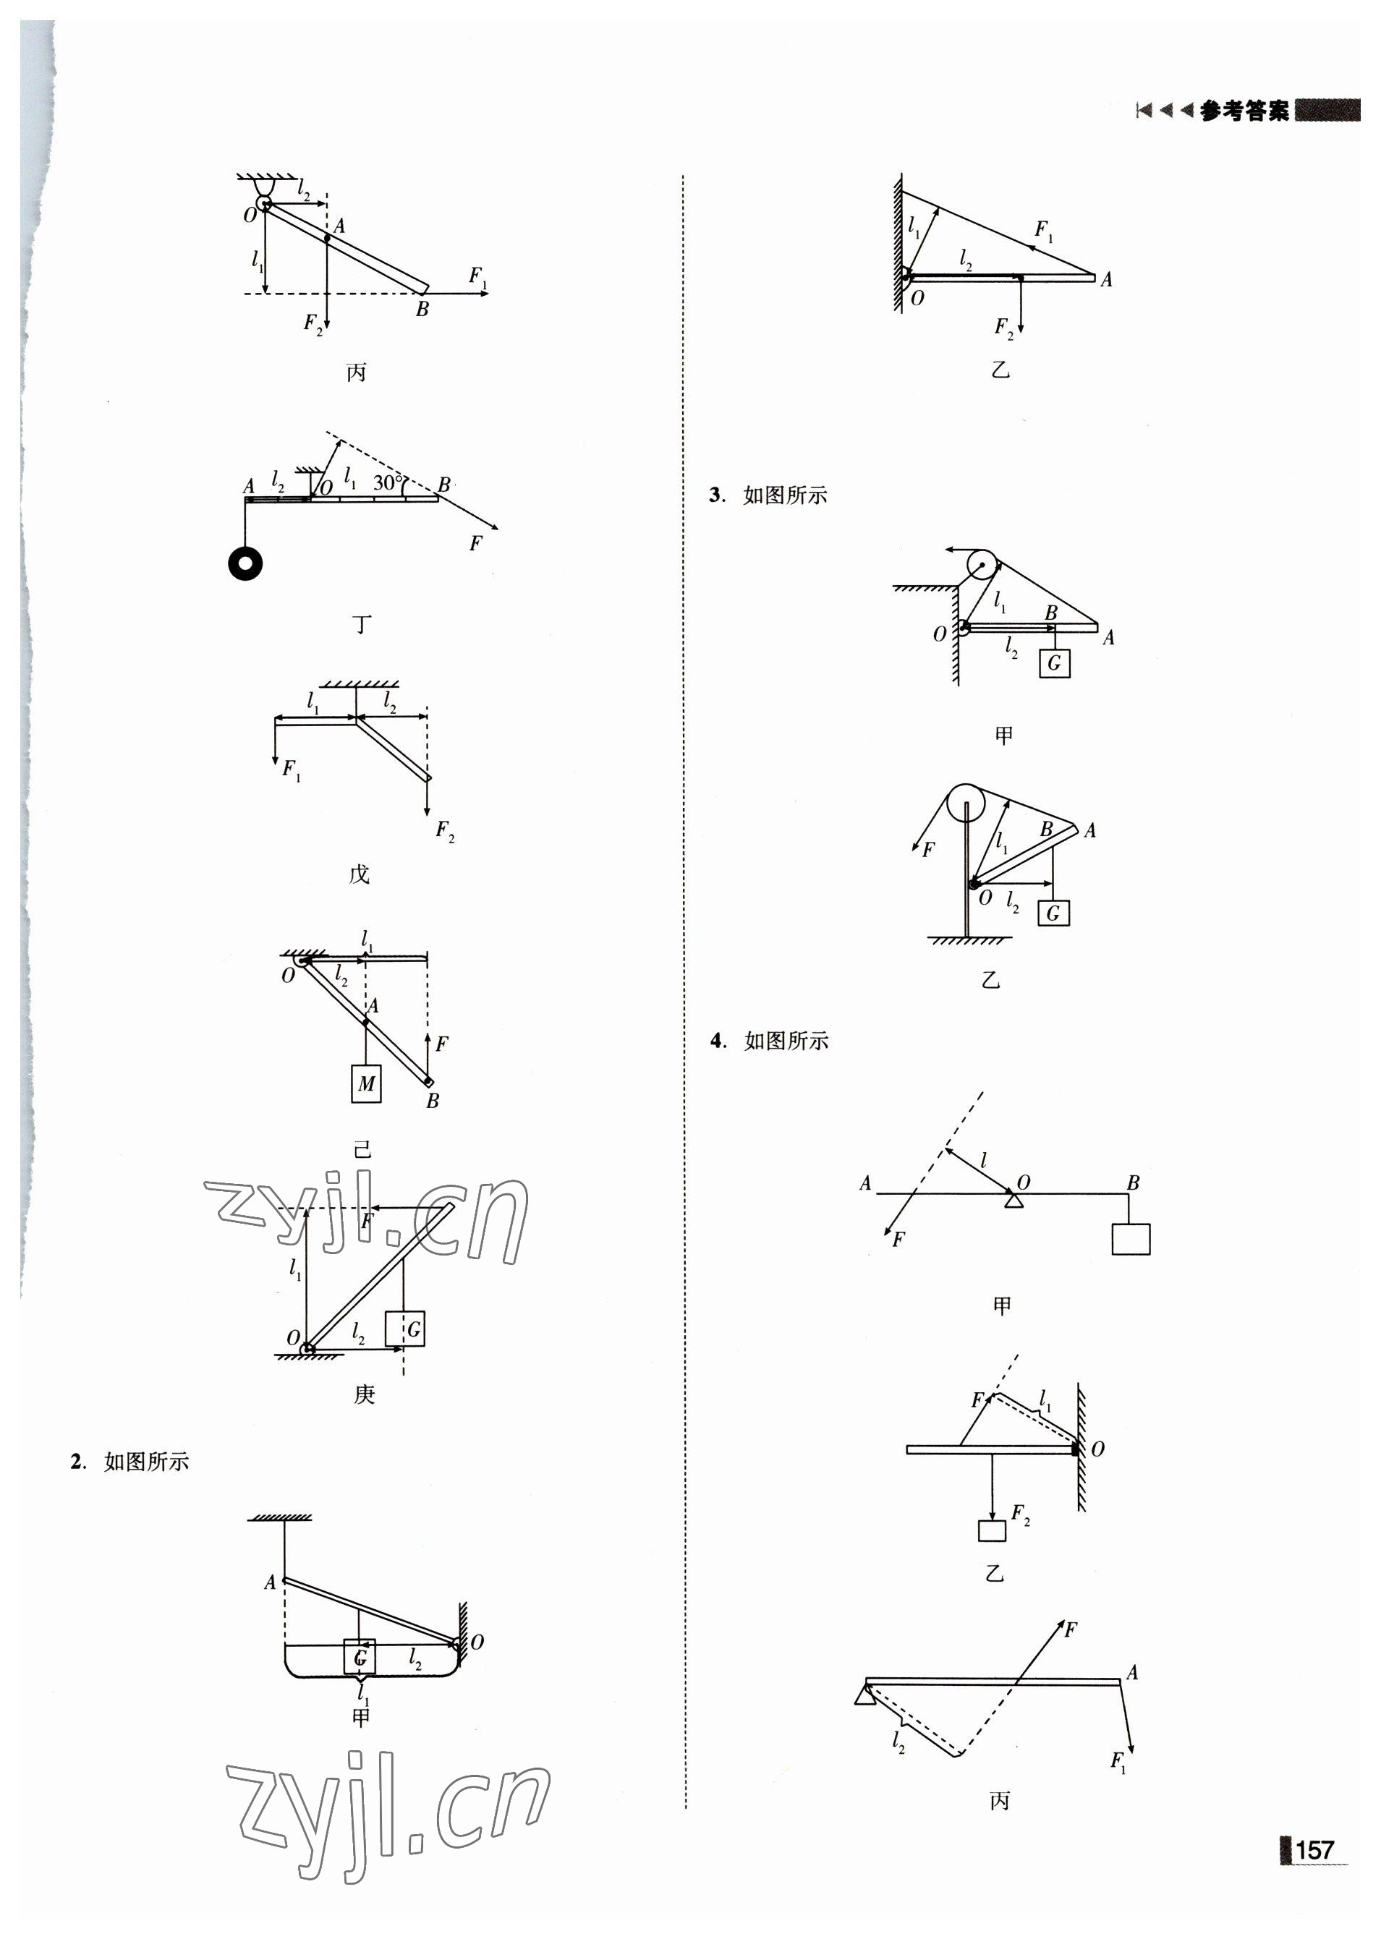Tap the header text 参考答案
1244,111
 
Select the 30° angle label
388,483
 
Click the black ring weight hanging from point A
245,563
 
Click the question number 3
716,495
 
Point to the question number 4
717,1041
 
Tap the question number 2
77,1462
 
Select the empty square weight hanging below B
1130,1240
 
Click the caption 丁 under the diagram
362,625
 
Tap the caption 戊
359,874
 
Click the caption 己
363,1149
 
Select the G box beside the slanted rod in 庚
405,1329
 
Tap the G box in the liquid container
360,1657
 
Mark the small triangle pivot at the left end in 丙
864,1696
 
